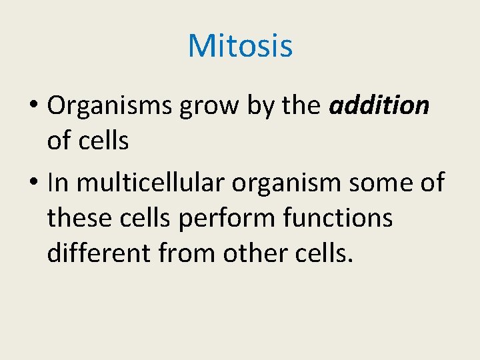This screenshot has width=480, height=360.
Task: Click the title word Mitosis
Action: [240, 46]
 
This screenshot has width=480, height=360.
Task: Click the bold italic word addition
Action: [379, 105]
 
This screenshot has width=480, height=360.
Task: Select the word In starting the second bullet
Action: [58, 181]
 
